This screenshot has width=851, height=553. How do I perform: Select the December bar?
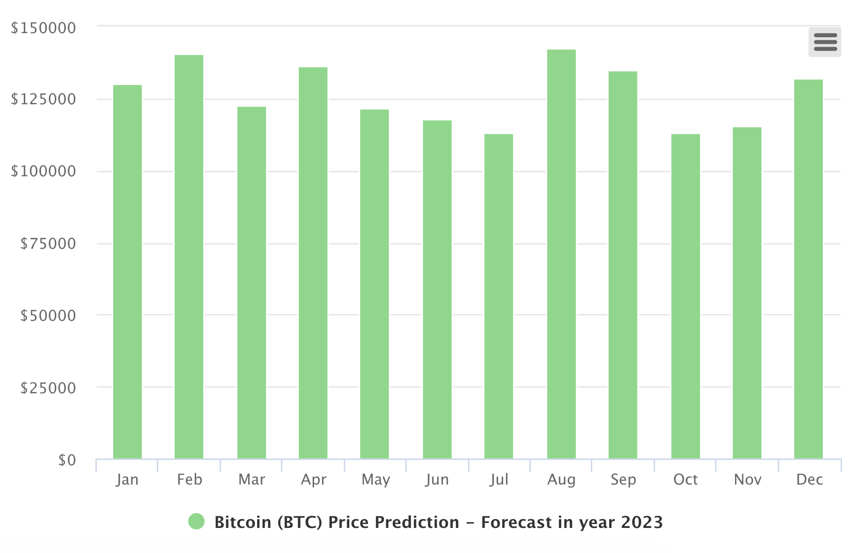[808, 269]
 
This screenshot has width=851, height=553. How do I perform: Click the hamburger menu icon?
[825, 42]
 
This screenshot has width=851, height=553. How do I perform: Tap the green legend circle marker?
[196, 522]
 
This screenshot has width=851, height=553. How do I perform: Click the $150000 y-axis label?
[43, 28]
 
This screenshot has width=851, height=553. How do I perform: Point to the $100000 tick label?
[43, 171]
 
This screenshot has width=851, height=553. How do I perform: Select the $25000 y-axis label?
[48, 388]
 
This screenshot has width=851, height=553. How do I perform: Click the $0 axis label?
[67, 460]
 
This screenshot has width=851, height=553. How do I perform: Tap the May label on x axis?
[376, 480]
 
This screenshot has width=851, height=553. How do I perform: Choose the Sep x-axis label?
[623, 480]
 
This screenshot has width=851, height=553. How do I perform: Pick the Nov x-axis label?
[748, 480]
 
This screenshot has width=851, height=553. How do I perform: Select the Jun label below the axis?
[437, 480]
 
